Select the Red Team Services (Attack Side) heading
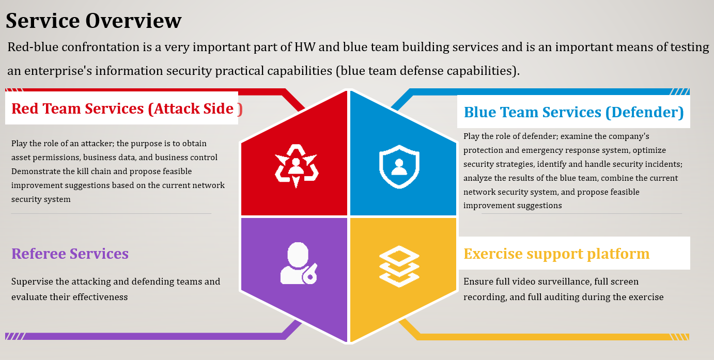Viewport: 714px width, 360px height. click(x=127, y=108)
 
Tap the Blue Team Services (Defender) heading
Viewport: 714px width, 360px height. click(x=574, y=112)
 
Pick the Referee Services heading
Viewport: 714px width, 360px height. click(x=70, y=254)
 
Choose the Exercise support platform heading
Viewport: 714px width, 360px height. click(x=556, y=254)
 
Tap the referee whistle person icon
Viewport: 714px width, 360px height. click(x=299, y=263)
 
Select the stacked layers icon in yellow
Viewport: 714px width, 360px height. click(x=399, y=267)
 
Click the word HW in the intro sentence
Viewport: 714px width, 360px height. click(x=304, y=47)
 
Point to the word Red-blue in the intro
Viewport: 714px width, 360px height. click(x=33, y=47)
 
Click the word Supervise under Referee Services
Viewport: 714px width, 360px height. click(x=32, y=282)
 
